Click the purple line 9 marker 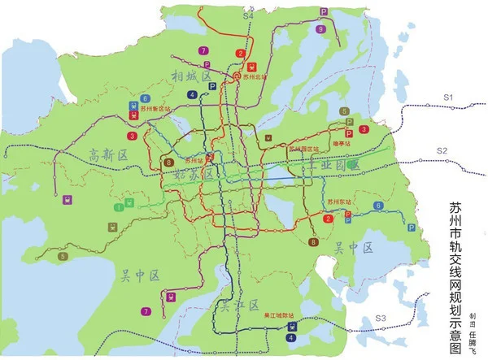tap(321, 29)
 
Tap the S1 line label tap(447, 97)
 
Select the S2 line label tap(442, 151)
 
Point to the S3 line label tap(380, 316)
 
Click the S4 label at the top tap(248, 15)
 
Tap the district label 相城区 tap(191, 76)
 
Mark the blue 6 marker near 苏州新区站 tap(145, 97)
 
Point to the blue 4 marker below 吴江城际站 tap(291, 337)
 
